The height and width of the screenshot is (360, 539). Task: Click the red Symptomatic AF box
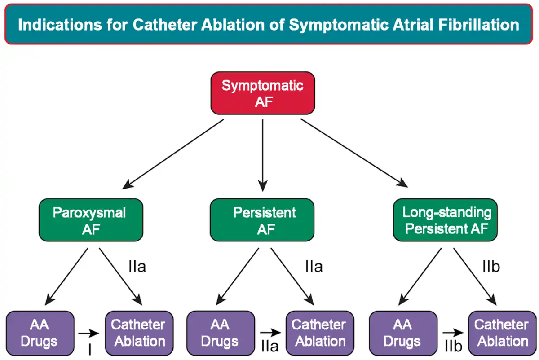click(x=263, y=93)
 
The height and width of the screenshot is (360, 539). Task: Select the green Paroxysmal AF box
click(x=91, y=220)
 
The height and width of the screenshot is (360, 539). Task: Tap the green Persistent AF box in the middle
click(x=262, y=220)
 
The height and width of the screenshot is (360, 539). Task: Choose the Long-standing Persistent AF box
click(x=446, y=220)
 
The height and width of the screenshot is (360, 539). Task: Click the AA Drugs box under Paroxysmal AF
click(x=40, y=334)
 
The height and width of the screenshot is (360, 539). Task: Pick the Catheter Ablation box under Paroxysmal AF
click(x=139, y=334)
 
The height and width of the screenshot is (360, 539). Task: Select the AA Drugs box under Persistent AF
click(x=221, y=334)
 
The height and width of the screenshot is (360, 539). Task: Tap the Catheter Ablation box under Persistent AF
click(x=320, y=334)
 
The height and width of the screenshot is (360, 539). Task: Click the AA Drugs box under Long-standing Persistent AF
click(x=403, y=334)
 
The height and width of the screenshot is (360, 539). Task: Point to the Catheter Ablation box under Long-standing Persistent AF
click(x=503, y=334)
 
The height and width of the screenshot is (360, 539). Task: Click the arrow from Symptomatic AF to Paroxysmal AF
click(x=173, y=154)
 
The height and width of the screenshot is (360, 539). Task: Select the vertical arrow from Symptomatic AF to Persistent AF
click(x=263, y=155)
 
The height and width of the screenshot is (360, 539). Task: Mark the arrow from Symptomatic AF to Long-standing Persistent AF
click(x=354, y=153)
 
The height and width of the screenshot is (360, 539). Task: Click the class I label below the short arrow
click(x=90, y=349)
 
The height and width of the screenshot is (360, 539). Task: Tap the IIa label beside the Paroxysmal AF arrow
click(x=137, y=267)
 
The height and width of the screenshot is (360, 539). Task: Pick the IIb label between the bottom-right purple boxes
click(x=454, y=346)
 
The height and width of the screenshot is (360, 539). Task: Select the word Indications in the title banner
click(x=60, y=25)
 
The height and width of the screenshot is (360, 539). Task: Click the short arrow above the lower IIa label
click(x=270, y=333)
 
